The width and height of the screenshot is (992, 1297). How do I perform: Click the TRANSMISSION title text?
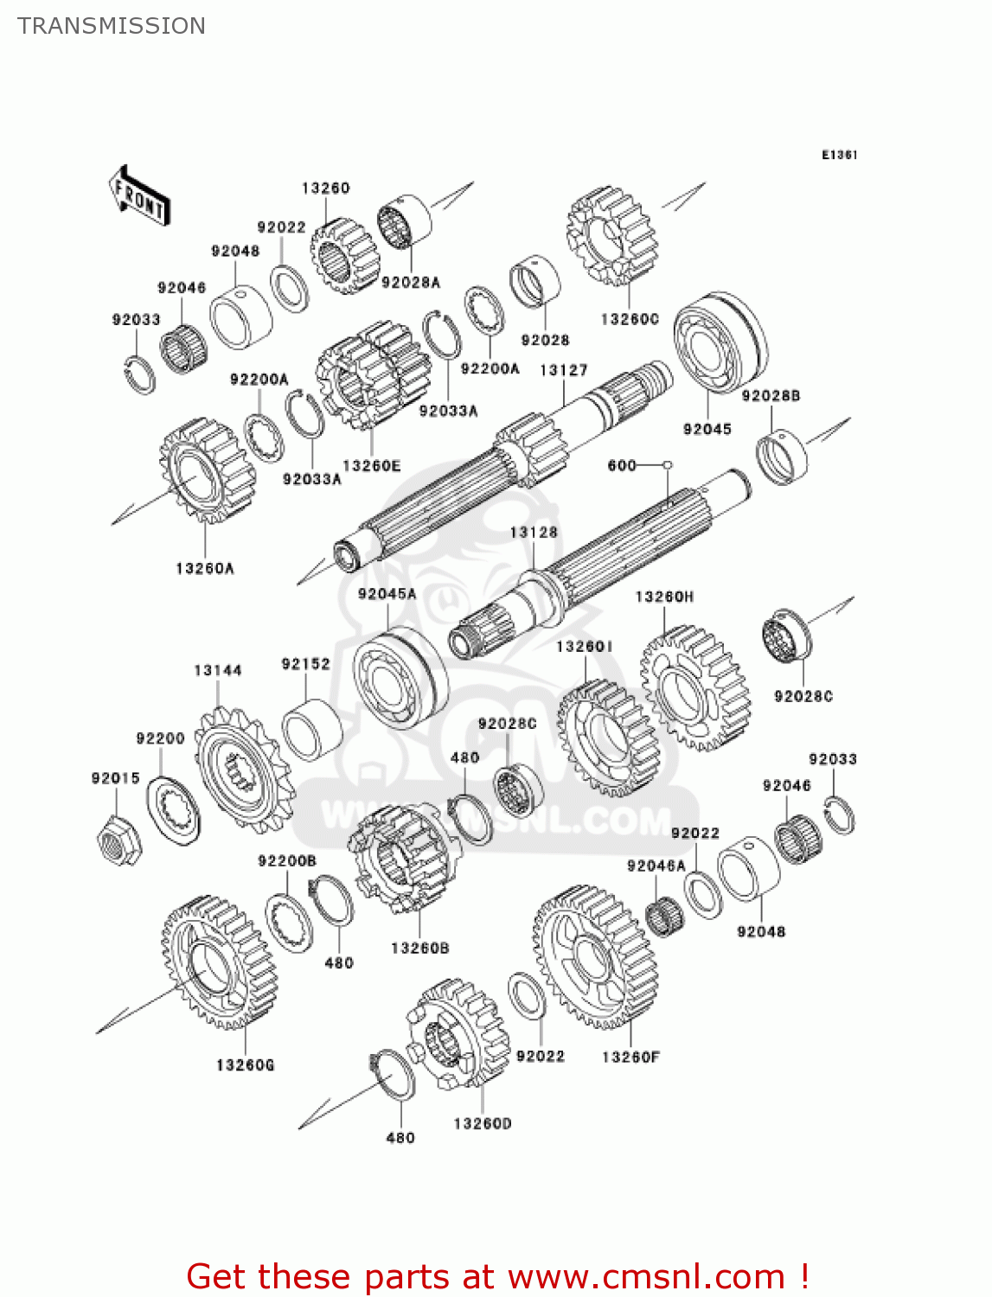[x=112, y=26]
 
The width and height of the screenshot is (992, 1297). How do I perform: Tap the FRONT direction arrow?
[x=138, y=196]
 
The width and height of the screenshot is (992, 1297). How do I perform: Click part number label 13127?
[x=563, y=370]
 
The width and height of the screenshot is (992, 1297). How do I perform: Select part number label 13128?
[x=534, y=532]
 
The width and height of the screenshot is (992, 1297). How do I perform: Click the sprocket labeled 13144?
[x=244, y=768]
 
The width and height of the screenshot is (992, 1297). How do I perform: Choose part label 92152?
[x=305, y=664]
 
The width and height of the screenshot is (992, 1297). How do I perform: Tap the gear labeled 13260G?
[x=217, y=962]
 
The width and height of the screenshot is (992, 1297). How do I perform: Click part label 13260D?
[x=482, y=1123]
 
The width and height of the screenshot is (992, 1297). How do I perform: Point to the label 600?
[x=622, y=465]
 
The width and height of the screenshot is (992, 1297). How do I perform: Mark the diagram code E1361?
[x=839, y=155]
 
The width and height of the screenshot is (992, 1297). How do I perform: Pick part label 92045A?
[x=387, y=593]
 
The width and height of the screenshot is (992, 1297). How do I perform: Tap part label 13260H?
[x=663, y=597]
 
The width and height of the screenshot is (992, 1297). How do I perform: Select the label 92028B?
[x=771, y=395]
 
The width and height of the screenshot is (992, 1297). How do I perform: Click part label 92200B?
[x=286, y=861]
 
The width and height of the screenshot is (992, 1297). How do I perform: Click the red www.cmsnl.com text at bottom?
[x=645, y=1276]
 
